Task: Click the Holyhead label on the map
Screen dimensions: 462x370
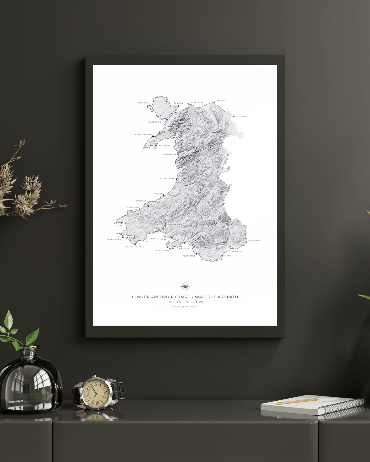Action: click(x=144, y=103)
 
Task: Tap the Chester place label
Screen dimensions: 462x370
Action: click(x=241, y=117)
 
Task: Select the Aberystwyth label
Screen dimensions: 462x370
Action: click(x=167, y=179)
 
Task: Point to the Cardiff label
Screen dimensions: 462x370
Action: click(x=228, y=256)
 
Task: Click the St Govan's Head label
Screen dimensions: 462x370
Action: click(x=135, y=247)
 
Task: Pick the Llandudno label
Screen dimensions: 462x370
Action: click(x=198, y=103)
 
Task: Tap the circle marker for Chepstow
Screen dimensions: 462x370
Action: click(x=247, y=241)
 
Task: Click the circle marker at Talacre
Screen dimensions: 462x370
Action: click(x=214, y=102)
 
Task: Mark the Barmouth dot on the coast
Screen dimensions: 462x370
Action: click(x=178, y=154)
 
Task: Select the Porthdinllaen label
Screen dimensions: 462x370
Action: click(x=143, y=135)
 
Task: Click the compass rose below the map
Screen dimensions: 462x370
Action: click(x=185, y=286)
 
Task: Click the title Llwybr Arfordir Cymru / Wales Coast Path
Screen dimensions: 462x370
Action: click(x=185, y=297)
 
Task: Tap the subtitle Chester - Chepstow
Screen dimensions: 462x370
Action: click(x=185, y=302)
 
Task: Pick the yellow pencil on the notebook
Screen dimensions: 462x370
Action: click(x=298, y=401)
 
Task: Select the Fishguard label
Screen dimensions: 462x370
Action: click(x=132, y=207)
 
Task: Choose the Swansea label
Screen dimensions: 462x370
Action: click(x=184, y=249)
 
